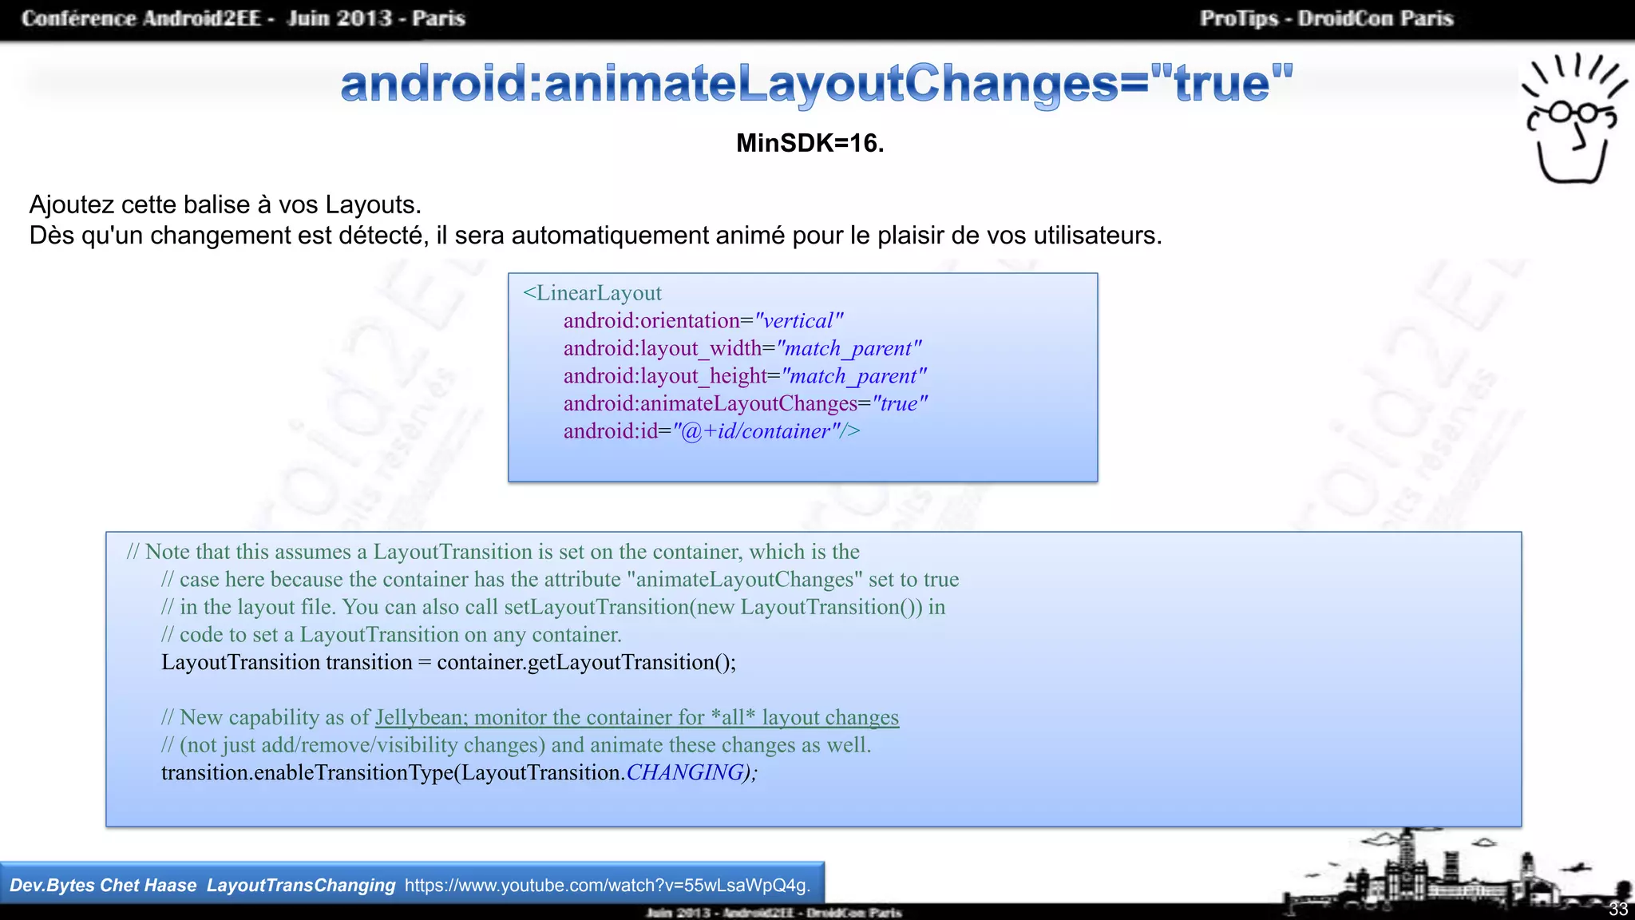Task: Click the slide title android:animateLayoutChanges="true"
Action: click(x=816, y=84)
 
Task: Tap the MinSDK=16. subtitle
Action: click(x=810, y=143)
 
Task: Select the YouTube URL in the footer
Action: click(x=607, y=885)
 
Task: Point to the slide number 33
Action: click(x=1617, y=910)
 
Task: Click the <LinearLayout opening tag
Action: click(x=592, y=293)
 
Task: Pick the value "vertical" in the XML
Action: click(x=798, y=321)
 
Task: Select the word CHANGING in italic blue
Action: click(x=685, y=772)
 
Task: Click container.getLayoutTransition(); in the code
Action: click(x=586, y=662)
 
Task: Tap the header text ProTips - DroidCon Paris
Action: click(x=1326, y=18)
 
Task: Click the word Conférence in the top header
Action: click(x=79, y=18)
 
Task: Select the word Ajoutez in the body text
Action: click(x=72, y=205)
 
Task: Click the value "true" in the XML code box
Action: click(x=900, y=403)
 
